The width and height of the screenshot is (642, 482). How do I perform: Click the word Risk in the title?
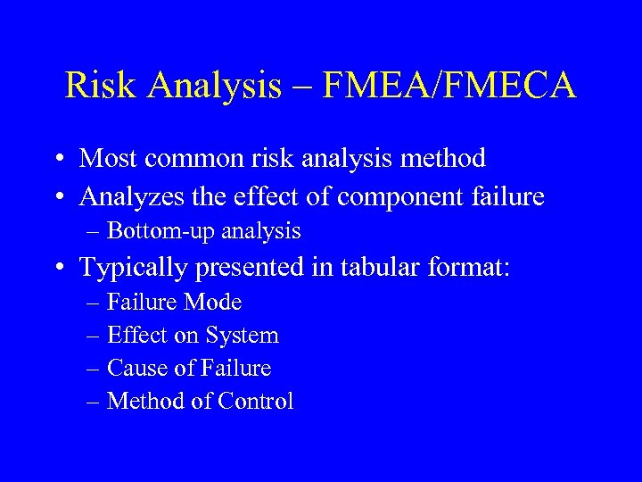98,86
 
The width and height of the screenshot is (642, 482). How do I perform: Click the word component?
409,195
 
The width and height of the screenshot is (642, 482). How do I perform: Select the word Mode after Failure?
212,303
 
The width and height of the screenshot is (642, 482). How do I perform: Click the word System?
243,336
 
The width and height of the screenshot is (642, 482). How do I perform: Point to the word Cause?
135,368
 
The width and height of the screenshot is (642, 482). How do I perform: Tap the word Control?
254,401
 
